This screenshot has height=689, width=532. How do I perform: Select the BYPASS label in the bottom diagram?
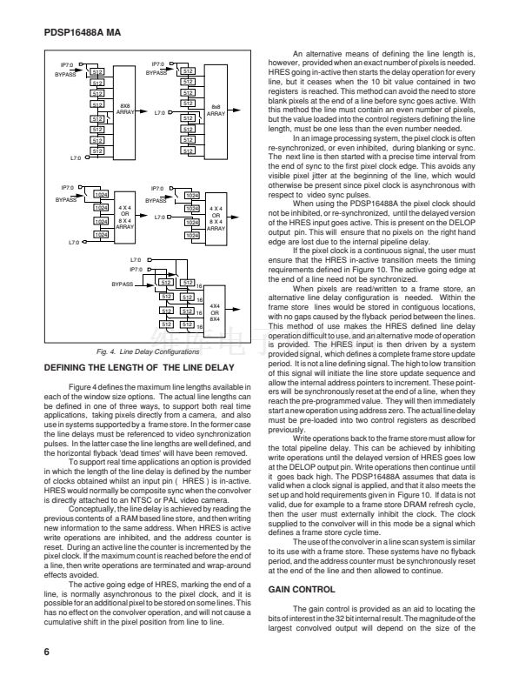(x=123, y=284)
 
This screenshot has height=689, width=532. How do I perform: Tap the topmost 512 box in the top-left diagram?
(x=97, y=71)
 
